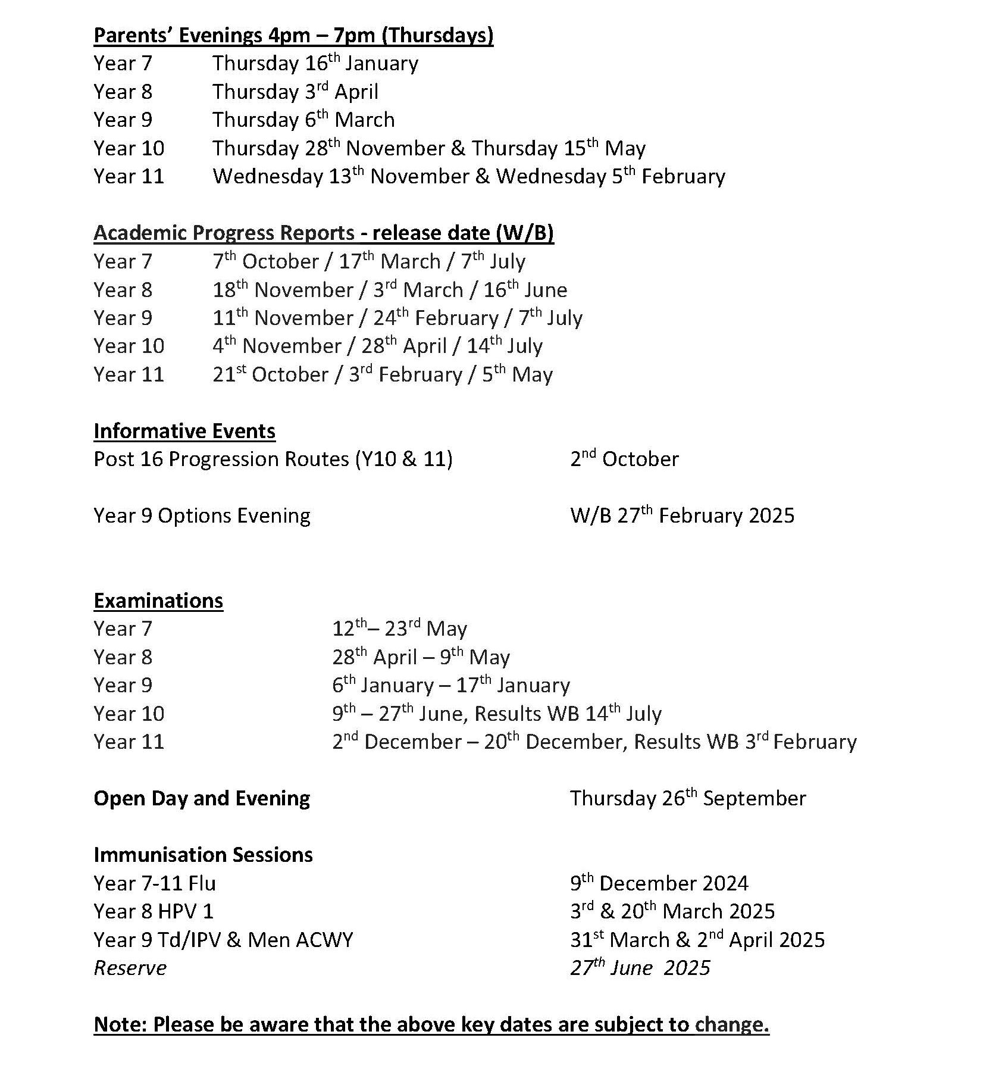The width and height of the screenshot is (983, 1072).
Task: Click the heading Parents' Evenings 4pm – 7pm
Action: (x=293, y=36)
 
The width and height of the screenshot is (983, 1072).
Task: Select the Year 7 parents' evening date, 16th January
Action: (x=315, y=64)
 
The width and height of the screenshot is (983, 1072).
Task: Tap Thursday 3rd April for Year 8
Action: (x=295, y=92)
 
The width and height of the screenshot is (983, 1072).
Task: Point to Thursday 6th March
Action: (x=303, y=120)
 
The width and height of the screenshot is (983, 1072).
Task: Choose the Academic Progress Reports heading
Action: (x=323, y=233)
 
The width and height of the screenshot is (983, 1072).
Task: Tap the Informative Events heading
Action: (x=184, y=432)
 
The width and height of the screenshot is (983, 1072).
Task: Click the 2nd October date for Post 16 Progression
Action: (x=624, y=460)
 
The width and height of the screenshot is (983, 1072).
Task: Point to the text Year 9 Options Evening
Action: (x=202, y=516)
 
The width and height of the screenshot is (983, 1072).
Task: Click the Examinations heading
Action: (x=158, y=601)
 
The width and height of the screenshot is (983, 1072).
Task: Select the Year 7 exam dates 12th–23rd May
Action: (x=399, y=629)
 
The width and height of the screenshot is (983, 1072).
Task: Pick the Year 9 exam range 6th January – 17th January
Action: (x=450, y=686)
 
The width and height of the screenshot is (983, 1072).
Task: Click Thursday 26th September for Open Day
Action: (x=687, y=799)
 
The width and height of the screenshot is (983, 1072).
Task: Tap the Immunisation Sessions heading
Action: (x=203, y=855)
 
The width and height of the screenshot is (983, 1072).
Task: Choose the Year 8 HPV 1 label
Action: (x=154, y=912)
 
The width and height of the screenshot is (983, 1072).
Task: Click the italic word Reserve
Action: (x=130, y=968)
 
